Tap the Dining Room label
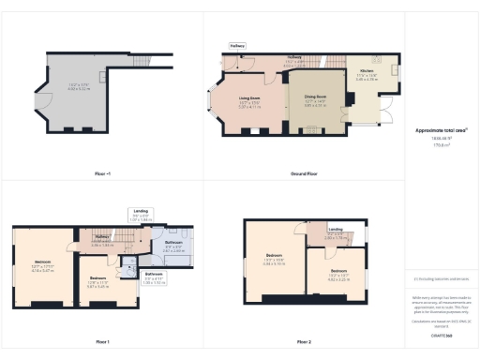tap(314, 97)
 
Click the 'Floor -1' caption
tap(102, 174)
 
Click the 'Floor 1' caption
tap(102, 341)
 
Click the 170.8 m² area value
tap(442, 145)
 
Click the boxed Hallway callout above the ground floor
tap(238, 45)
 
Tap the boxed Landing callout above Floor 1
tap(142, 213)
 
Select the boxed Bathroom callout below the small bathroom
tap(156, 278)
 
